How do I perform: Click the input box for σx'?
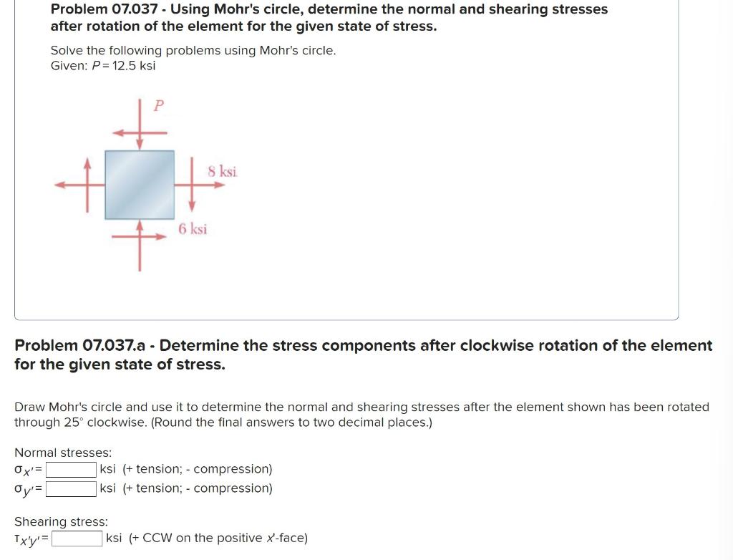pos(72,470)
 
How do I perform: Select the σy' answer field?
pos(72,488)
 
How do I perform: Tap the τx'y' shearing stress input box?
pos(77,538)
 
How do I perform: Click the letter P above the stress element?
pos(159,106)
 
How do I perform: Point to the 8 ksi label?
pos(223,171)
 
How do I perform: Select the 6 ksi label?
pos(193,229)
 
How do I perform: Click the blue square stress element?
pos(140,184)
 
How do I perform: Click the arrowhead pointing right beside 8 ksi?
pos(218,185)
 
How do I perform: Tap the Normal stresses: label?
pos(63,453)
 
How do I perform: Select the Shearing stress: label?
pos(61,521)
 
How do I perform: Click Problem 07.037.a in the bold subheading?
pos(80,346)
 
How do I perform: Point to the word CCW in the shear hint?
pos(157,538)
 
